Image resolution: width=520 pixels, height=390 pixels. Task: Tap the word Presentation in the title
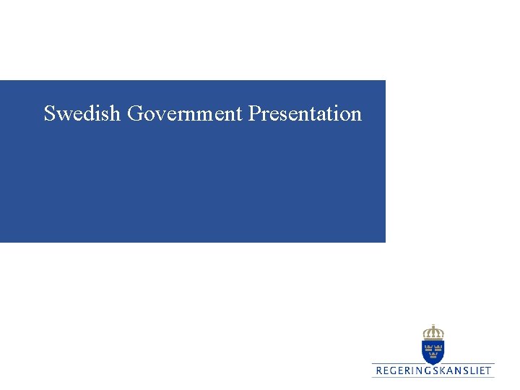(305, 114)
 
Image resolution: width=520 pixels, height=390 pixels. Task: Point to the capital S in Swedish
(49, 114)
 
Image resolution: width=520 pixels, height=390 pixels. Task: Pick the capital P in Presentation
(253, 114)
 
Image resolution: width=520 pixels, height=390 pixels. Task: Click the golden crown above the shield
(433, 333)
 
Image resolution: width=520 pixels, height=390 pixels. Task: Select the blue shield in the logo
(433, 352)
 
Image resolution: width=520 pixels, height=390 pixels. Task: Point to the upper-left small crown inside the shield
(428, 347)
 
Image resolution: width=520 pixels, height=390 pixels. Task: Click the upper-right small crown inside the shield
(438, 347)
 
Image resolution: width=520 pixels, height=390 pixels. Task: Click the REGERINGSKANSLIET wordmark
(433, 371)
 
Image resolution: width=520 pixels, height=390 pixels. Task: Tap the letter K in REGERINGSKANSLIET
(446, 371)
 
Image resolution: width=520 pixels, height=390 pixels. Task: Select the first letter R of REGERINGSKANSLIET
(378, 371)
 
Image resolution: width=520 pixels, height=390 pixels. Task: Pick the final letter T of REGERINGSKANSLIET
(488, 371)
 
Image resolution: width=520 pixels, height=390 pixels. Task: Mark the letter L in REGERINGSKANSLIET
(472, 371)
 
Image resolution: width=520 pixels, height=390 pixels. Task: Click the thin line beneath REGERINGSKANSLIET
(433, 378)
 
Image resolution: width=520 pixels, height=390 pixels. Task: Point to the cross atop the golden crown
(433, 326)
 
